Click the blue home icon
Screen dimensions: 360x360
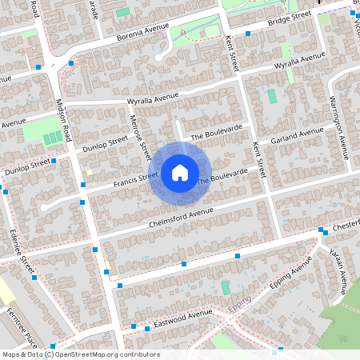pyautogui.click(x=180, y=172)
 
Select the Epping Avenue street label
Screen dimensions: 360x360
pyautogui.click(x=290, y=274)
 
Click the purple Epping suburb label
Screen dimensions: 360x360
pyautogui.click(x=241, y=306)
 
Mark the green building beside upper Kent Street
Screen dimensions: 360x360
pyautogui.click(x=271, y=96)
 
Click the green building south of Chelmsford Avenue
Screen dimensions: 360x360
pyautogui.click(x=226, y=286)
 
